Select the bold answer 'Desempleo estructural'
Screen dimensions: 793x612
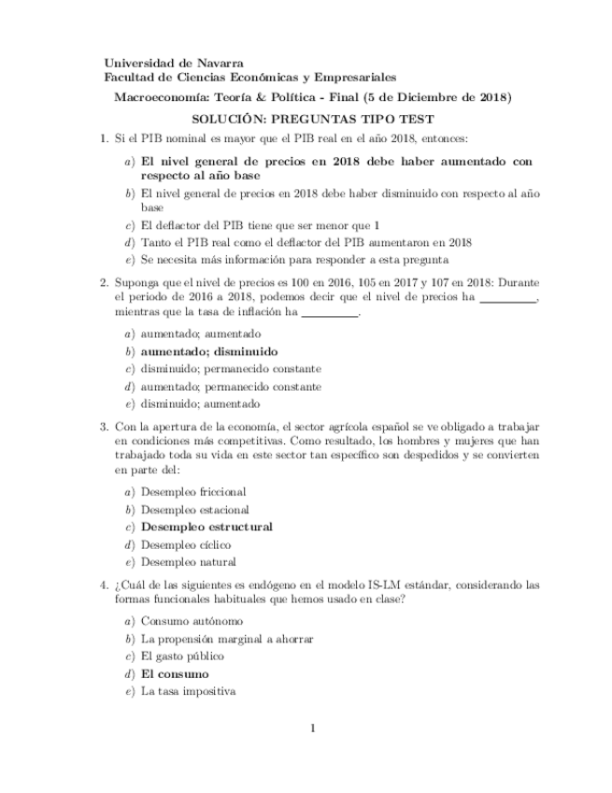[x=206, y=526]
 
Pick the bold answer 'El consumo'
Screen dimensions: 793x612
[x=175, y=673]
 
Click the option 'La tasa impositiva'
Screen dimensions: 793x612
[x=188, y=691]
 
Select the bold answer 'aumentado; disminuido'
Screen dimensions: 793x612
[x=209, y=352]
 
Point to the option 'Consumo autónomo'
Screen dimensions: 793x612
[x=192, y=621]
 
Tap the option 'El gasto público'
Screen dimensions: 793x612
[x=183, y=656]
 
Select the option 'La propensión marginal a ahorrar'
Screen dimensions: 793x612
[x=226, y=639]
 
